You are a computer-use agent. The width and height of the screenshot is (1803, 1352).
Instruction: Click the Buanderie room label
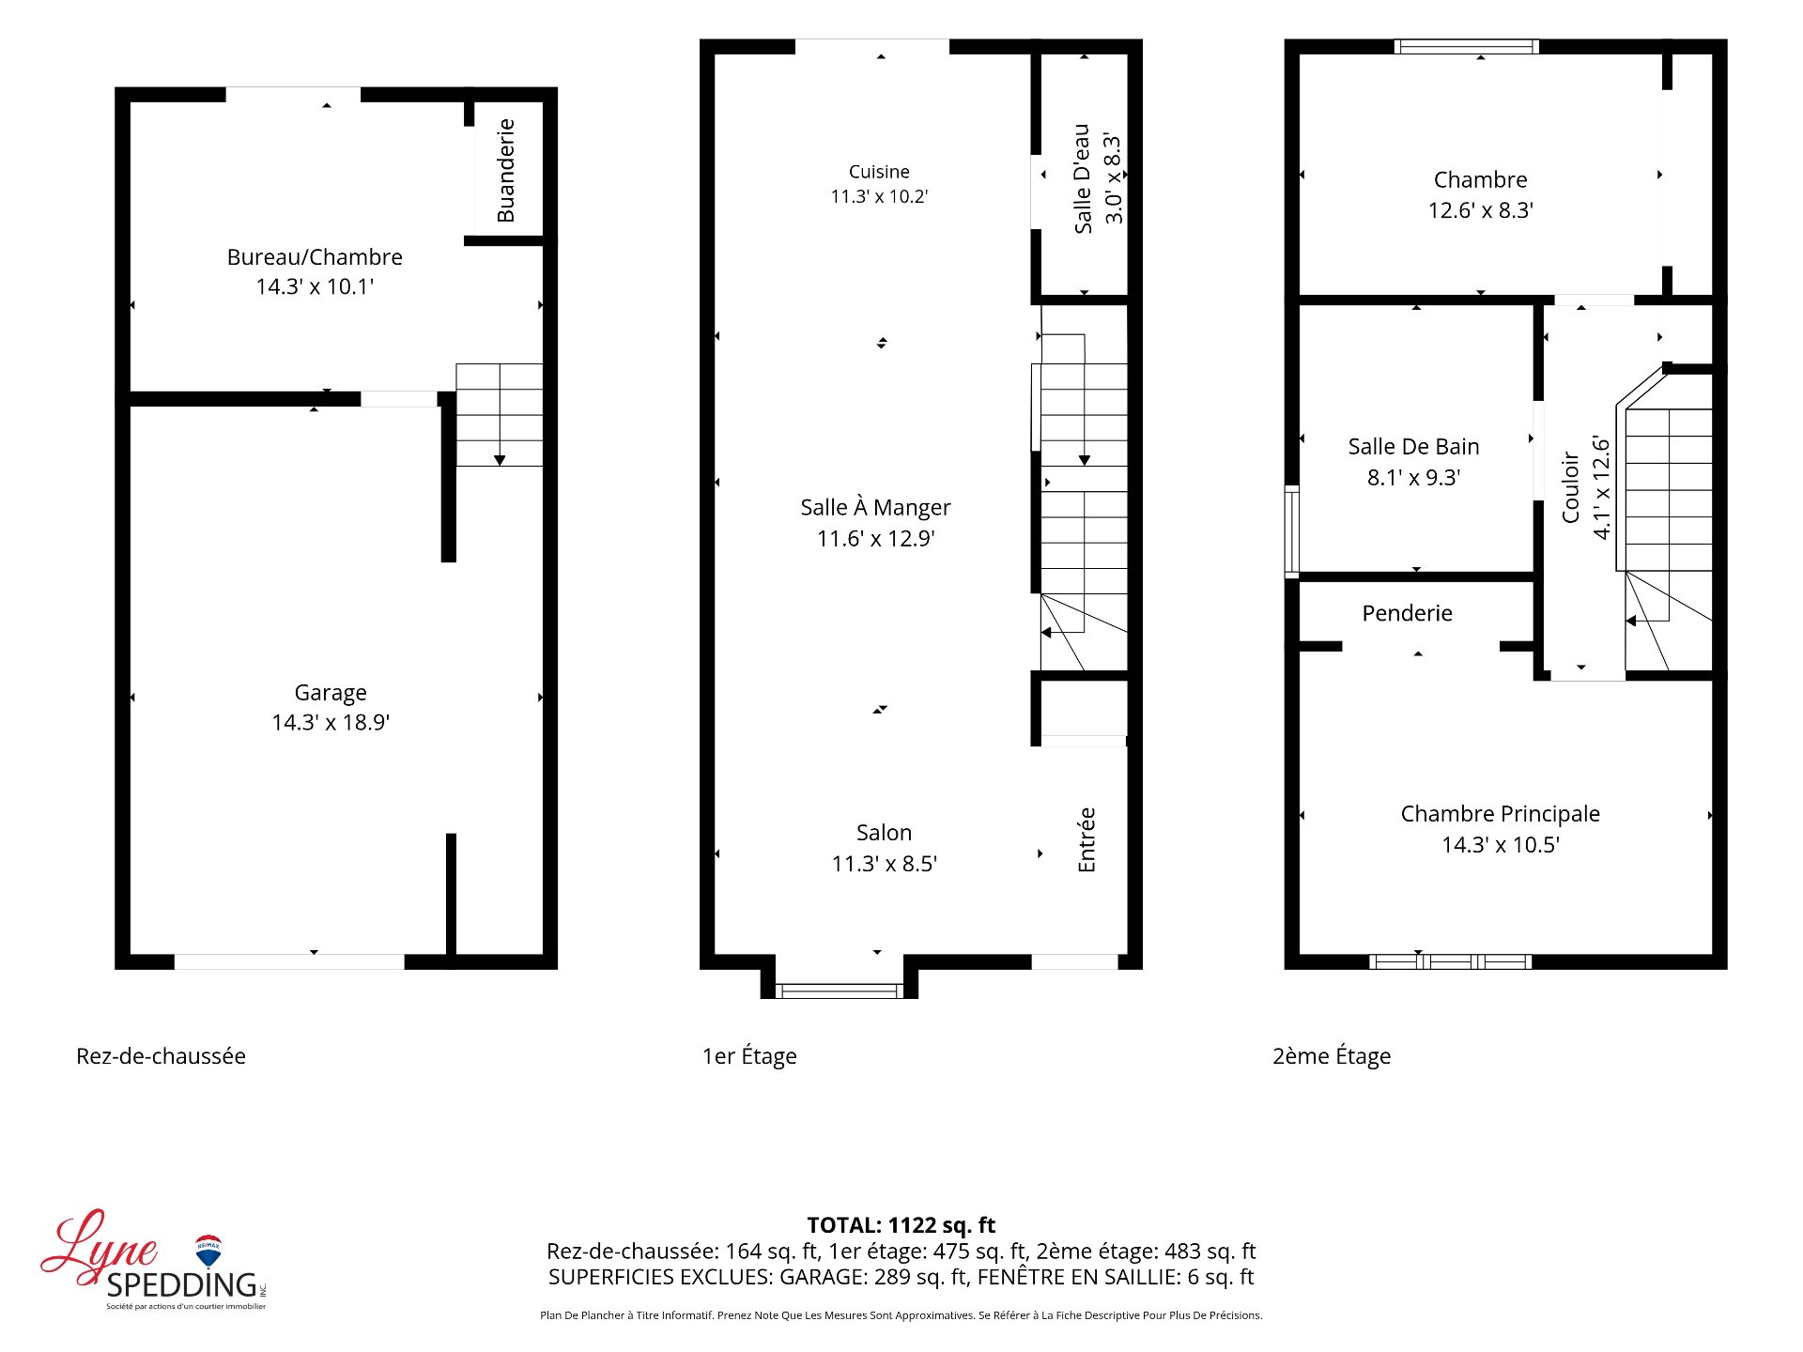click(506, 171)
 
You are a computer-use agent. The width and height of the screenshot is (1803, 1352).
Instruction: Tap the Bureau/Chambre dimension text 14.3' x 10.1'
click(315, 286)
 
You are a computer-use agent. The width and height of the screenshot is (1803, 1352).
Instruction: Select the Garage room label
click(331, 693)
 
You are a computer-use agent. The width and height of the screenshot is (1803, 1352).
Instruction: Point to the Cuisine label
click(879, 172)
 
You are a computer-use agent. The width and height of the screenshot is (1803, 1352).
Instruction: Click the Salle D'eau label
click(1083, 178)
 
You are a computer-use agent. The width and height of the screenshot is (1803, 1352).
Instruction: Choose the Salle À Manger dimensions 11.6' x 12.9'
click(876, 538)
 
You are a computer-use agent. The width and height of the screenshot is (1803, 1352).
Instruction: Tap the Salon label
click(884, 833)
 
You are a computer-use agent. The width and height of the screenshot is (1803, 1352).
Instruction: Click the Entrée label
click(1086, 839)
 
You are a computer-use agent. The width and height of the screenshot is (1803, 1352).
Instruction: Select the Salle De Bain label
click(1413, 447)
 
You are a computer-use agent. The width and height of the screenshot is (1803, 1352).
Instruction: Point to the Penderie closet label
click(1407, 613)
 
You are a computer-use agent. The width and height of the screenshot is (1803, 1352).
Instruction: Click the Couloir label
click(1570, 487)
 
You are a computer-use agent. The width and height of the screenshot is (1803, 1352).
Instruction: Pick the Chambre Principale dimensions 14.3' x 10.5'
click(1501, 845)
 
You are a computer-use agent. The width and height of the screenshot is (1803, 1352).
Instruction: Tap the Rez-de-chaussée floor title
click(161, 1056)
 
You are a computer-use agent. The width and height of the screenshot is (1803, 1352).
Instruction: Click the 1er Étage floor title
click(749, 1056)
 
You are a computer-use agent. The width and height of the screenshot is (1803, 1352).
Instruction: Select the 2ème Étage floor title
click(1332, 1056)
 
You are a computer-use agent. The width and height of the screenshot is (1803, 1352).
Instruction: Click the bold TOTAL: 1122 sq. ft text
click(901, 1225)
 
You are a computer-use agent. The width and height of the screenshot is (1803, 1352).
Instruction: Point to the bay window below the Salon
click(840, 990)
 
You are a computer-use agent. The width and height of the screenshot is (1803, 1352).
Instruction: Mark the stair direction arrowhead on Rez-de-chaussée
click(500, 460)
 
